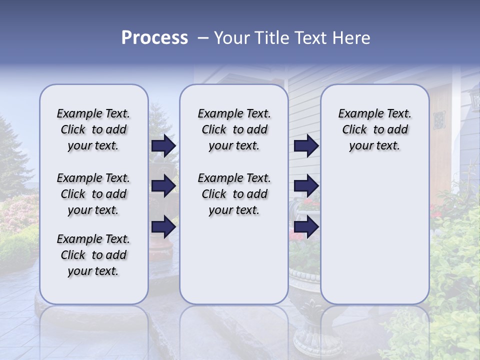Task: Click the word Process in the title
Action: pyautogui.click(x=154, y=38)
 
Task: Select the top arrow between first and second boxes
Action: pyautogui.click(x=163, y=145)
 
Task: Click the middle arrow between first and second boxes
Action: pyautogui.click(x=163, y=186)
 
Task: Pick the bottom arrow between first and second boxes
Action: pyautogui.click(x=163, y=226)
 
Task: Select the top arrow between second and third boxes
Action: pyautogui.click(x=306, y=145)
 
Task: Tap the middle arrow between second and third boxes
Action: pyautogui.click(x=306, y=186)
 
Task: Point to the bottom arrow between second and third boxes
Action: pyautogui.click(x=306, y=226)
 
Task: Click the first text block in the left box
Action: pyautogui.click(x=93, y=129)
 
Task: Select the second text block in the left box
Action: pyautogui.click(x=93, y=194)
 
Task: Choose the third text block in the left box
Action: pyautogui.click(x=93, y=255)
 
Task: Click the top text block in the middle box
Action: pyautogui.click(x=234, y=129)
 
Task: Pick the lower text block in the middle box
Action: pyautogui.click(x=234, y=194)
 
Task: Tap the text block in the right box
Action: pyautogui.click(x=374, y=129)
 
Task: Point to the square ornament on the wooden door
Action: pyautogui.click(x=439, y=119)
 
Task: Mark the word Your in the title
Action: pyautogui.click(x=229, y=38)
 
